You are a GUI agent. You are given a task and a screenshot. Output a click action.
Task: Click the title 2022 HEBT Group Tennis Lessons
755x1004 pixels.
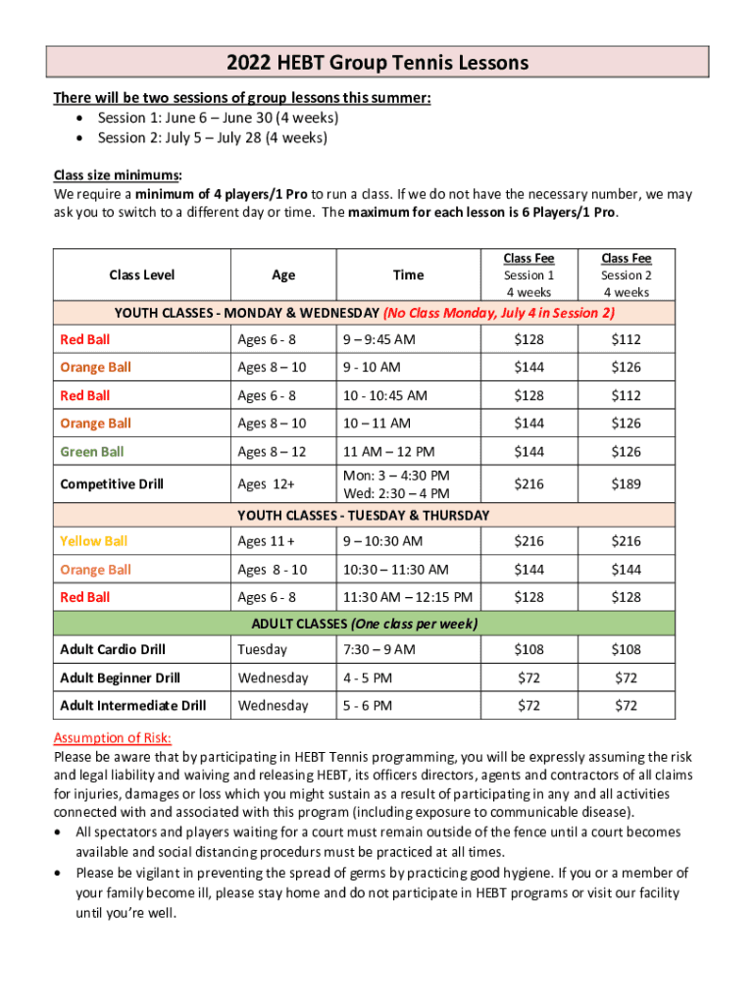click(x=377, y=64)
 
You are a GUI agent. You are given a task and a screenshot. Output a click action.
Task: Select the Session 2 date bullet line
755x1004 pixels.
click(x=212, y=137)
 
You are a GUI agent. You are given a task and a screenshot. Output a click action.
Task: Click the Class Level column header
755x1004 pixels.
click(x=142, y=276)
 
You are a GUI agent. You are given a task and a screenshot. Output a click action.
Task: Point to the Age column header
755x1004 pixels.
click(x=283, y=276)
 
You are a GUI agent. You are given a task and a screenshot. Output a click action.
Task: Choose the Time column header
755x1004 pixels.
click(x=408, y=276)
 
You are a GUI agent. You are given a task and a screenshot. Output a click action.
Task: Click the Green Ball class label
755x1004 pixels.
click(x=92, y=452)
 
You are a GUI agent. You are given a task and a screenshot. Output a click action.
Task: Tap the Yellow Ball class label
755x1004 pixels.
click(x=94, y=541)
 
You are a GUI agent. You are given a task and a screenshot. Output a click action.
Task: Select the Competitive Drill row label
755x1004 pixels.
click(x=112, y=484)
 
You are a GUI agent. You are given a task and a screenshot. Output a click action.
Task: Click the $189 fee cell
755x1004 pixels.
click(x=627, y=484)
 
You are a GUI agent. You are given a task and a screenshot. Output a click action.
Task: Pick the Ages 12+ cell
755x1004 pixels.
click(x=266, y=484)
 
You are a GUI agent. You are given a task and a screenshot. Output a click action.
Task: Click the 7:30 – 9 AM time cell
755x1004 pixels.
click(x=378, y=650)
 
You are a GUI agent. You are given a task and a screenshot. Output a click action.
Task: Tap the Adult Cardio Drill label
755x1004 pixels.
click(x=113, y=650)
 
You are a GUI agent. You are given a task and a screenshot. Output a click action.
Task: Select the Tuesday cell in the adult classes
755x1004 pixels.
click(x=262, y=650)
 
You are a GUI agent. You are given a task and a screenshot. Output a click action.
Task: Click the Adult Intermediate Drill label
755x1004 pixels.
click(x=133, y=706)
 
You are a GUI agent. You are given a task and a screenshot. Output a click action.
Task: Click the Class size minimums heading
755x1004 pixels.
click(x=117, y=176)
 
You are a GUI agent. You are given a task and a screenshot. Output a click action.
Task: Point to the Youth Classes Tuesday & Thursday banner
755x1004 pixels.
click(x=363, y=515)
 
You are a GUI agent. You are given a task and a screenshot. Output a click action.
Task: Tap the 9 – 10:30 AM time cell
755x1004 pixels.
click(x=382, y=541)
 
